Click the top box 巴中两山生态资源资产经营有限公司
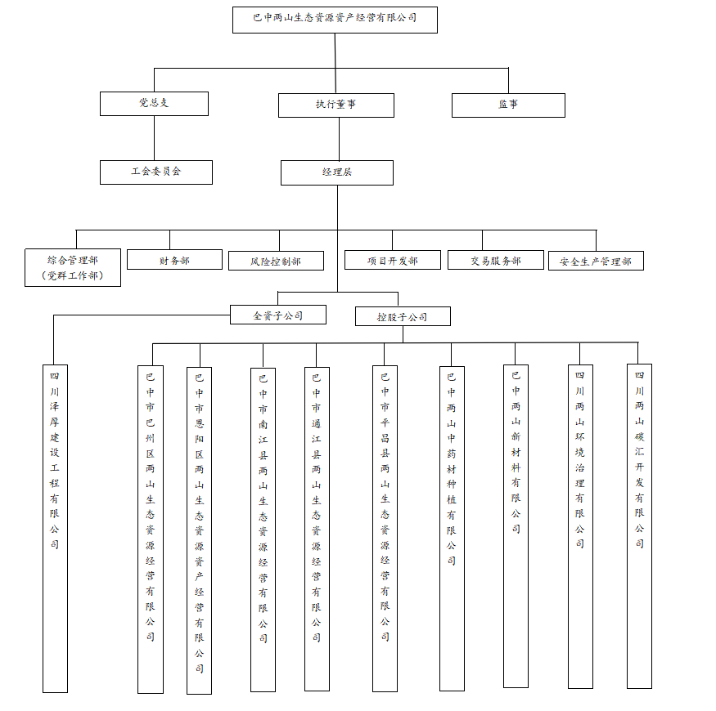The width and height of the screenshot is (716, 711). [335, 20]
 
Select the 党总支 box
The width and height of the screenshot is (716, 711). [154, 104]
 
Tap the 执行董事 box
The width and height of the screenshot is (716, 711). [335, 105]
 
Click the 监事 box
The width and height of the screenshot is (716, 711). [508, 105]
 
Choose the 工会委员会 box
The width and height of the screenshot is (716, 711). [155, 172]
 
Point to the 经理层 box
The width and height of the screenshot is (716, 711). [336, 172]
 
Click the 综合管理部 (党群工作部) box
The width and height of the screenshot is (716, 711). [73, 268]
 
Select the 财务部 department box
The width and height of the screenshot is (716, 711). [174, 260]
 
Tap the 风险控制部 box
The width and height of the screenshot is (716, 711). [276, 261]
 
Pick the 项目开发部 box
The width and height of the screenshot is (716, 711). [392, 260]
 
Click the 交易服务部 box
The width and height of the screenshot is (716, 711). [496, 260]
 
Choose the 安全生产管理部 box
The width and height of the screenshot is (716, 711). [596, 261]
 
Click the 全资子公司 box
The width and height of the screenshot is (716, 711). [278, 315]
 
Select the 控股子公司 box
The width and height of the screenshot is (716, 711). [402, 316]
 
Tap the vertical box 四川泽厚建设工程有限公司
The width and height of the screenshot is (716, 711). [55, 529]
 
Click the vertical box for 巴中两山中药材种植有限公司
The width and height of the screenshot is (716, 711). [452, 528]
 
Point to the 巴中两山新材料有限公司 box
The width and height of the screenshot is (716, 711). [516, 525]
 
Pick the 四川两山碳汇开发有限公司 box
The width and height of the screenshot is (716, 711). [639, 525]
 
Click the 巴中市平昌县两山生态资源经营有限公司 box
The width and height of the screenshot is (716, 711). [385, 528]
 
